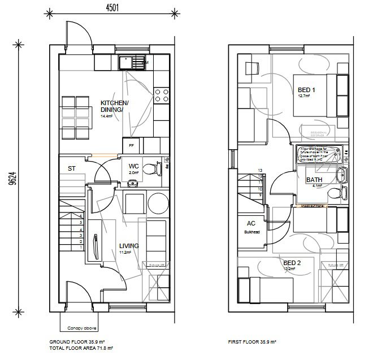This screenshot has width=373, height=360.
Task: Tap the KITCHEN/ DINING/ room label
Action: coord(115,106)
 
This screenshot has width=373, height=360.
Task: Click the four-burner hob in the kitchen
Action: coord(162,94)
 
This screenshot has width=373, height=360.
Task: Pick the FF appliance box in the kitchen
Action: coord(131,145)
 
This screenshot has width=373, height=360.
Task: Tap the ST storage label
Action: coord(72,168)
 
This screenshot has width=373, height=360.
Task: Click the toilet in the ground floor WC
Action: coord(151,168)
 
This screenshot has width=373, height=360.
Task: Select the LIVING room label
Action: coord(129,246)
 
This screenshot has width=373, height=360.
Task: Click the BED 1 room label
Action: coord(307,89)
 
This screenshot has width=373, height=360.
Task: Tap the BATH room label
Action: coord(314,180)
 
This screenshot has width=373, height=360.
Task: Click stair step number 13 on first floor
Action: coord(260,170)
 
